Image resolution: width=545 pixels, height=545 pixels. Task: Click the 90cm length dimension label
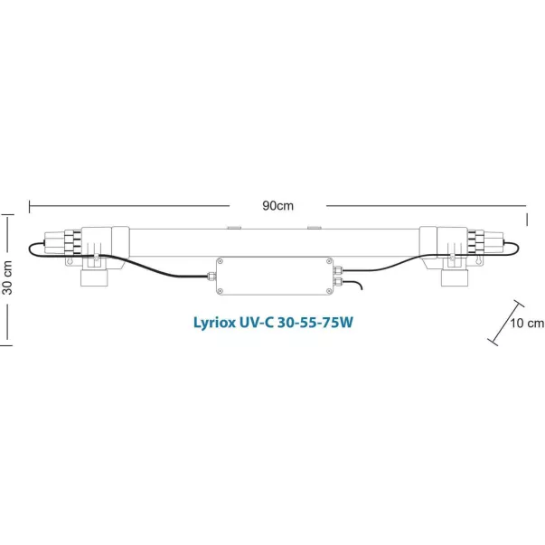[x=277, y=206]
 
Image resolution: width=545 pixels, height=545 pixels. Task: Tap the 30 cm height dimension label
[x=7, y=277]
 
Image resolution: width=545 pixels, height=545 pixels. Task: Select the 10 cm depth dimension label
[x=527, y=323]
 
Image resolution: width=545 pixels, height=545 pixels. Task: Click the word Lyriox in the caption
[x=214, y=323]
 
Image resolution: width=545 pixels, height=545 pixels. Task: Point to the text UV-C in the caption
[x=257, y=323]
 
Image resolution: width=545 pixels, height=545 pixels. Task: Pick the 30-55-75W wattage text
[x=315, y=323]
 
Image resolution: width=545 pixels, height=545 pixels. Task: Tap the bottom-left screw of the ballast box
[x=220, y=291]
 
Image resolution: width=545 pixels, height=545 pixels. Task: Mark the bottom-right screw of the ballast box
[x=329, y=291]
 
